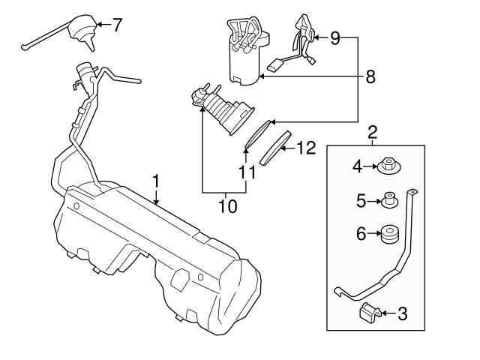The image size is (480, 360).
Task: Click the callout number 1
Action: click(x=156, y=181)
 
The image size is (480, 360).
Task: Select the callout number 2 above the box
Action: click(x=373, y=134)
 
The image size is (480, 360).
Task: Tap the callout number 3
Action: click(x=402, y=314)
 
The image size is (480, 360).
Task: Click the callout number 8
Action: click(x=370, y=76)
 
